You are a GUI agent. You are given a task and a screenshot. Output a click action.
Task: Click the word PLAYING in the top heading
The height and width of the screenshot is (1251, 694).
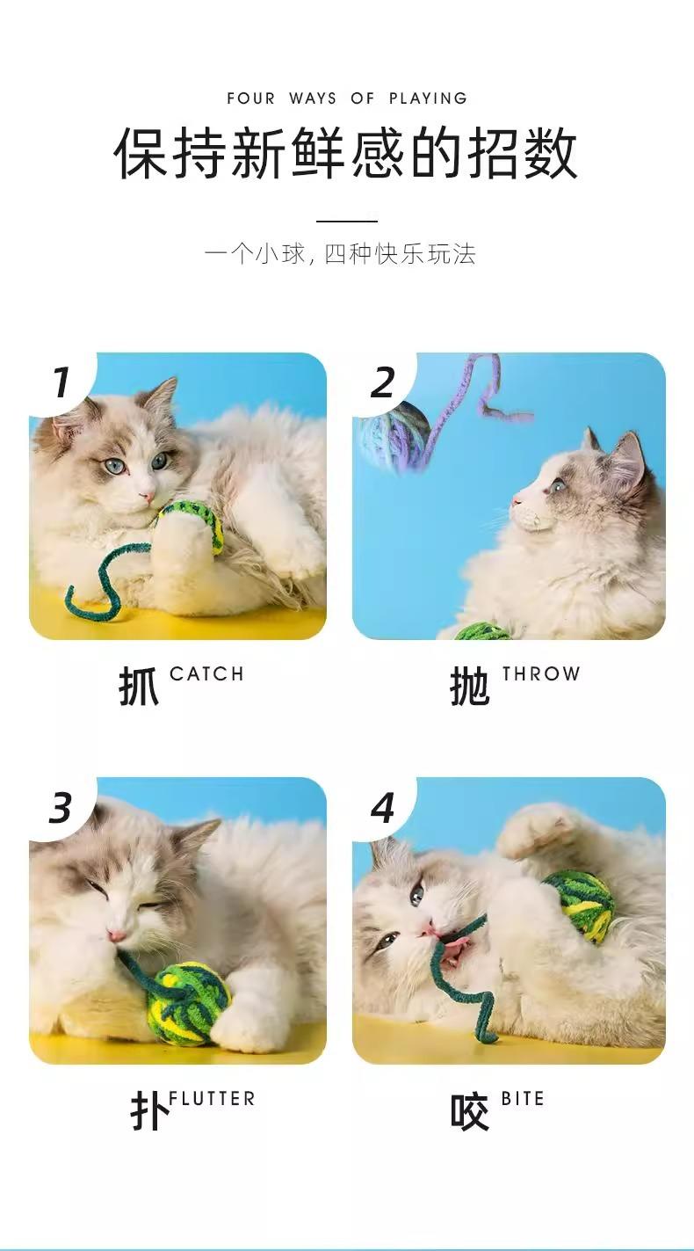(x=428, y=98)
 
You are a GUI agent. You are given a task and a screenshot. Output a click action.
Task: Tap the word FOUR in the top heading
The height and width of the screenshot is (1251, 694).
(x=251, y=98)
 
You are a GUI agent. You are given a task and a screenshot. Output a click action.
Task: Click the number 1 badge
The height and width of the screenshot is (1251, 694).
(x=61, y=382)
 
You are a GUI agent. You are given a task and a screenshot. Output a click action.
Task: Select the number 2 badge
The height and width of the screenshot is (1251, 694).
(x=383, y=382)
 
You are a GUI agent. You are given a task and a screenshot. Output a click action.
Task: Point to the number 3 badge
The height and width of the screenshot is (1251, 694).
(x=61, y=808)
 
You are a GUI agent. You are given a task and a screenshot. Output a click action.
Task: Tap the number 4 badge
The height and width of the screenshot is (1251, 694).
(x=383, y=808)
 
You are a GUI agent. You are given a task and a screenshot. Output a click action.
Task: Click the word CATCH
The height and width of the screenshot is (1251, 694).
(x=206, y=673)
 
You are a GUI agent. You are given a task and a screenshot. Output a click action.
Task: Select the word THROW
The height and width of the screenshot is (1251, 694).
(x=540, y=673)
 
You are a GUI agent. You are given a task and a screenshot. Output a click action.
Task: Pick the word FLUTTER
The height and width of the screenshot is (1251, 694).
(x=212, y=1099)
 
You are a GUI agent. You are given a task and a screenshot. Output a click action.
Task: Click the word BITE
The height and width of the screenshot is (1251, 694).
(x=522, y=1099)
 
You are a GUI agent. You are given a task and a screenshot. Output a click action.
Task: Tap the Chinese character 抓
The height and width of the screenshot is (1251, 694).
(x=139, y=686)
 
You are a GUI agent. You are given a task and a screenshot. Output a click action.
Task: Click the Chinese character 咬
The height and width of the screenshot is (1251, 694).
(x=470, y=1111)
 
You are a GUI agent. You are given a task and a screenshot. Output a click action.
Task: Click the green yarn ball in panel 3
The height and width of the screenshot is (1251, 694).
(x=189, y=1003)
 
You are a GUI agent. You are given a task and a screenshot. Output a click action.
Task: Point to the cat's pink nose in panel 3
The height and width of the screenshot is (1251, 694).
(x=116, y=934)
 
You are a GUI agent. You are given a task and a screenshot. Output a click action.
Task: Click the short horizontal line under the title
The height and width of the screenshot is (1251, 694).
(x=347, y=222)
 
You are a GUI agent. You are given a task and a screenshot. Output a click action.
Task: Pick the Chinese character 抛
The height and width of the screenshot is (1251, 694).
(x=470, y=686)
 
